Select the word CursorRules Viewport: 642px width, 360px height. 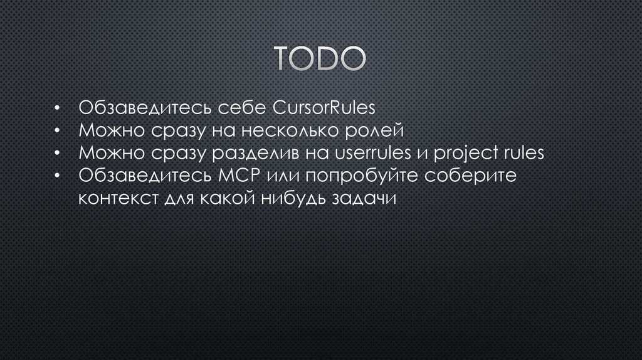324,108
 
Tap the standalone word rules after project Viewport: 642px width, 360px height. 524,154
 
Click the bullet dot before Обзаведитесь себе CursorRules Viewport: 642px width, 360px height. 56,109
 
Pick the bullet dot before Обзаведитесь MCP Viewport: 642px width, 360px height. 56,177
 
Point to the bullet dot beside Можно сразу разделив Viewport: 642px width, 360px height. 56,154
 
